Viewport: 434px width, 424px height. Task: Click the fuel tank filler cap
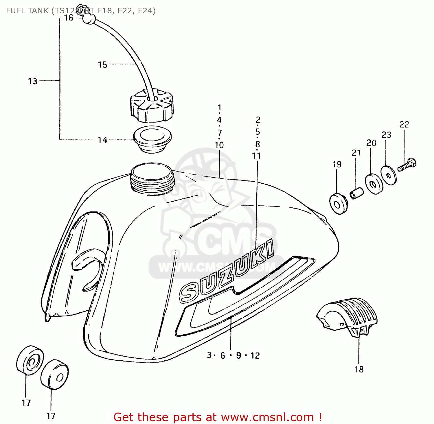pyautogui.click(x=151, y=106)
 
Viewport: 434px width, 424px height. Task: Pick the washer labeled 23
pyautogui.click(x=388, y=175)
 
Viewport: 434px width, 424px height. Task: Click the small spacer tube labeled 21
pyautogui.click(x=356, y=193)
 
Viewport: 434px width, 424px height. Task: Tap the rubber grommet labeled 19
pyautogui.click(x=338, y=204)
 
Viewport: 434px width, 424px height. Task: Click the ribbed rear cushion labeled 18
pyautogui.click(x=347, y=316)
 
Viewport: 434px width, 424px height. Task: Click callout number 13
pyautogui.click(x=33, y=81)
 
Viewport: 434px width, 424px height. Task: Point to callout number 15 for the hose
pyautogui.click(x=102, y=64)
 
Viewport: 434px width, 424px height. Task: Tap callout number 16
pyautogui.click(x=69, y=18)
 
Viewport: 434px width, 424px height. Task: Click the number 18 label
pyautogui.click(x=359, y=369)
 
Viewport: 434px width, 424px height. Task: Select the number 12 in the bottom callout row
pyautogui.click(x=255, y=355)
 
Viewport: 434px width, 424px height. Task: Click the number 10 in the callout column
pyautogui.click(x=219, y=145)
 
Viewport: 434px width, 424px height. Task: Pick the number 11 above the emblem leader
pyautogui.click(x=256, y=156)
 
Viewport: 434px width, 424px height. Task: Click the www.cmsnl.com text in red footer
pyautogui.click(x=267, y=417)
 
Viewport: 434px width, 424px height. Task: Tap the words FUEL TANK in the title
pyautogui.click(x=27, y=11)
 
